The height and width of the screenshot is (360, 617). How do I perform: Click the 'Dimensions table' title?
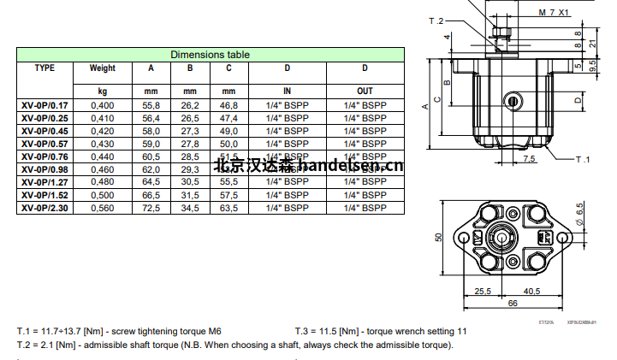210,55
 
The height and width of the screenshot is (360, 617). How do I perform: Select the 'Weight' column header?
102,68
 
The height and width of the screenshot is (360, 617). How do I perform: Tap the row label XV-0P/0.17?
45,105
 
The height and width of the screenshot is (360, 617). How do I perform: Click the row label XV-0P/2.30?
45,208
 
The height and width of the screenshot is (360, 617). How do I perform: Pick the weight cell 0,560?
102,208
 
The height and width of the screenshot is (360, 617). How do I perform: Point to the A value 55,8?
151,105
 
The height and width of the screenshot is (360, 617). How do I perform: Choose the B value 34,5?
190,208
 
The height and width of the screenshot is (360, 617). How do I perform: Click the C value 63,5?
228,208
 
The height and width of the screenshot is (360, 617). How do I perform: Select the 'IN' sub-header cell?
287,90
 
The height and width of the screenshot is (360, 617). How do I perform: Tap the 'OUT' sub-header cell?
365,90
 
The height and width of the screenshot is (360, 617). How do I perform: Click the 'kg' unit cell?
102,90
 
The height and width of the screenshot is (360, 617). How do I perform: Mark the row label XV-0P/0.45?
45,131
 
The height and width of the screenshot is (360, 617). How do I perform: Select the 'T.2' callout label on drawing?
460,20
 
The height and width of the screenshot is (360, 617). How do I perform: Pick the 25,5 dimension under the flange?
484,291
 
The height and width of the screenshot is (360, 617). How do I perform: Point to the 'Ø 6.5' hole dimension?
580,213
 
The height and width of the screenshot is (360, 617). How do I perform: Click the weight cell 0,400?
102,105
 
